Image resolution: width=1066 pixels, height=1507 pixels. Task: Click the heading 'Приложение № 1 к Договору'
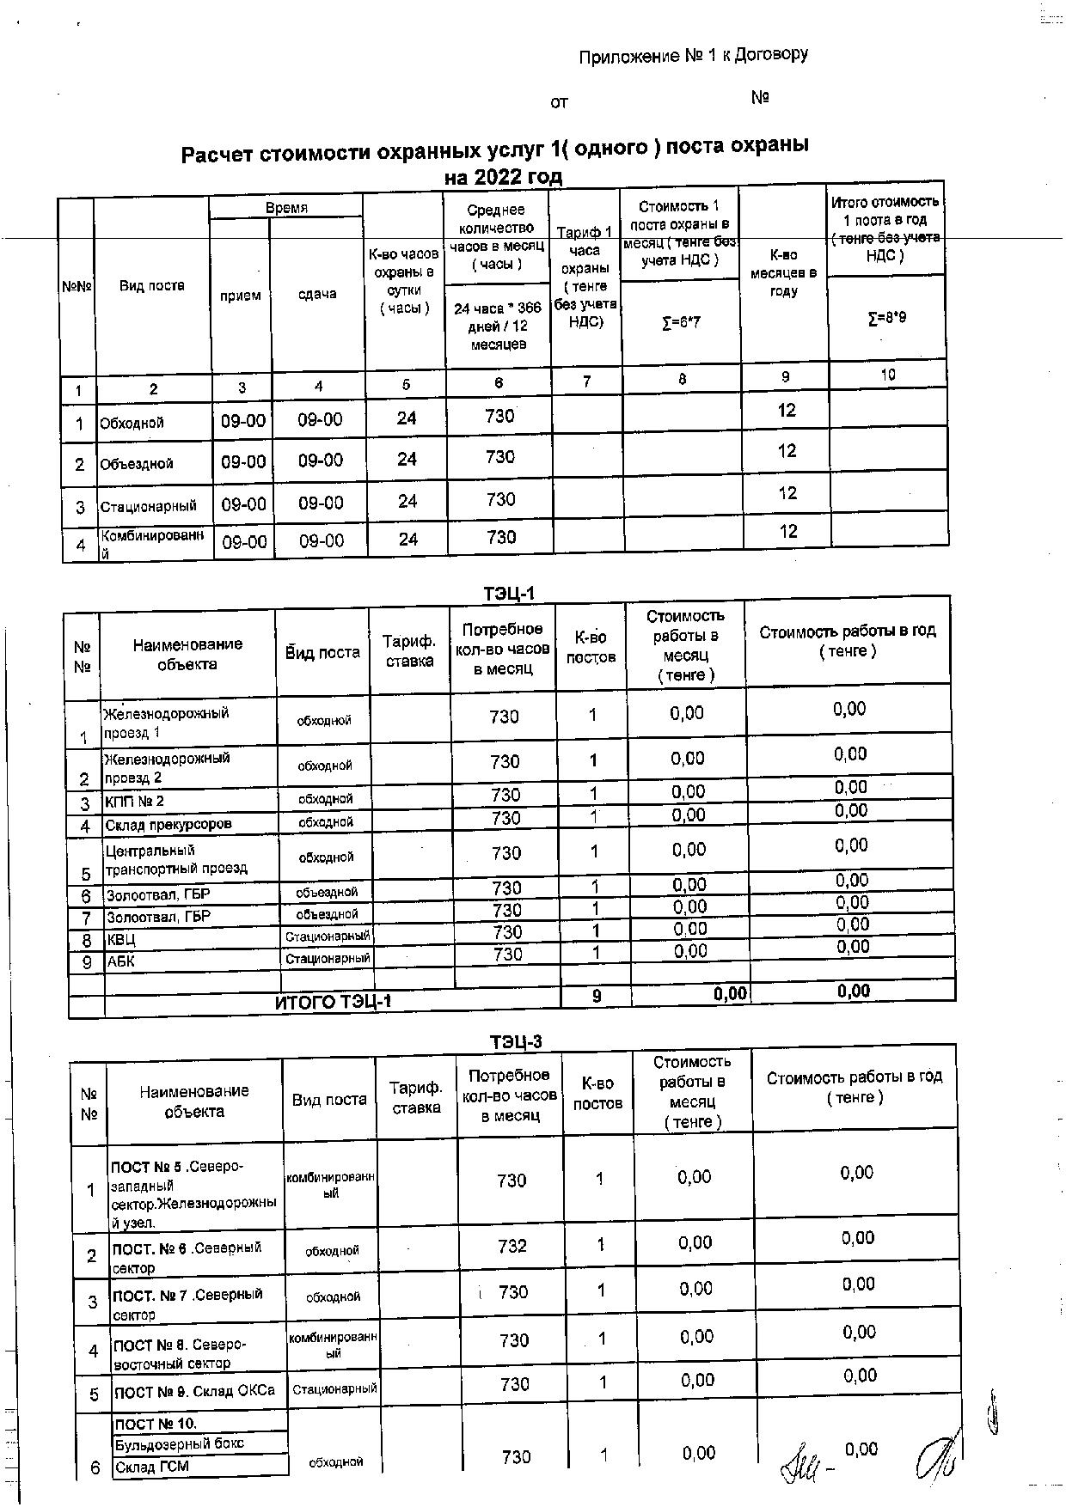coord(693,56)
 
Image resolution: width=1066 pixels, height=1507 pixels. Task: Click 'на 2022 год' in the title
coord(503,177)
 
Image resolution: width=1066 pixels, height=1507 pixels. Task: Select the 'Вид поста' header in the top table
coord(151,286)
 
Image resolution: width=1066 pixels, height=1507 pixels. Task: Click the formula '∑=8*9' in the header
coord(886,318)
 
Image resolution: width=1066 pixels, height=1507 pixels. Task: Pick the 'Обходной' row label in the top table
coord(132,423)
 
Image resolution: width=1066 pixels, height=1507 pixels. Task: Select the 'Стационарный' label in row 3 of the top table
coord(148,507)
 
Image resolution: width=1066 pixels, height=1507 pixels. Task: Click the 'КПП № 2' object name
coord(134,802)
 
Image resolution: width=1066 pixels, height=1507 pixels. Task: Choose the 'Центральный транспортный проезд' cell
coord(176,859)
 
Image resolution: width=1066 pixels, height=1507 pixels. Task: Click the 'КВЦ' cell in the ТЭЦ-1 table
coord(121,940)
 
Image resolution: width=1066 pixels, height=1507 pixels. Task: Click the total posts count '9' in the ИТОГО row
coord(597,996)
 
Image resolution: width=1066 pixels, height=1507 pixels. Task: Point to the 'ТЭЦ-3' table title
coord(516,1041)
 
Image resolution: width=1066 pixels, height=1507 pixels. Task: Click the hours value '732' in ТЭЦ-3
coord(512,1245)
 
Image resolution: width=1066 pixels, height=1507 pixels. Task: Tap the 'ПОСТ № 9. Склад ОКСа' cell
coord(194,1391)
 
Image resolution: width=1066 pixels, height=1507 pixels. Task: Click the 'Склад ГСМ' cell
coord(152,1467)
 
